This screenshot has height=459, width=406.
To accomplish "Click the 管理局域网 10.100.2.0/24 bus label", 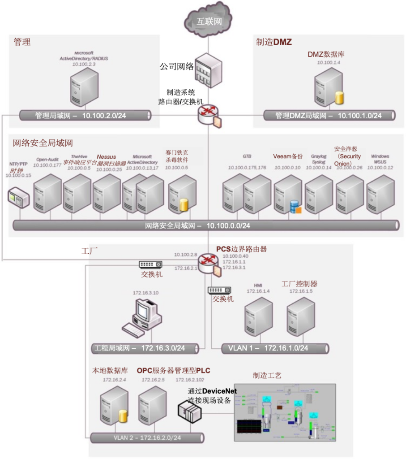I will [x=81, y=116].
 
